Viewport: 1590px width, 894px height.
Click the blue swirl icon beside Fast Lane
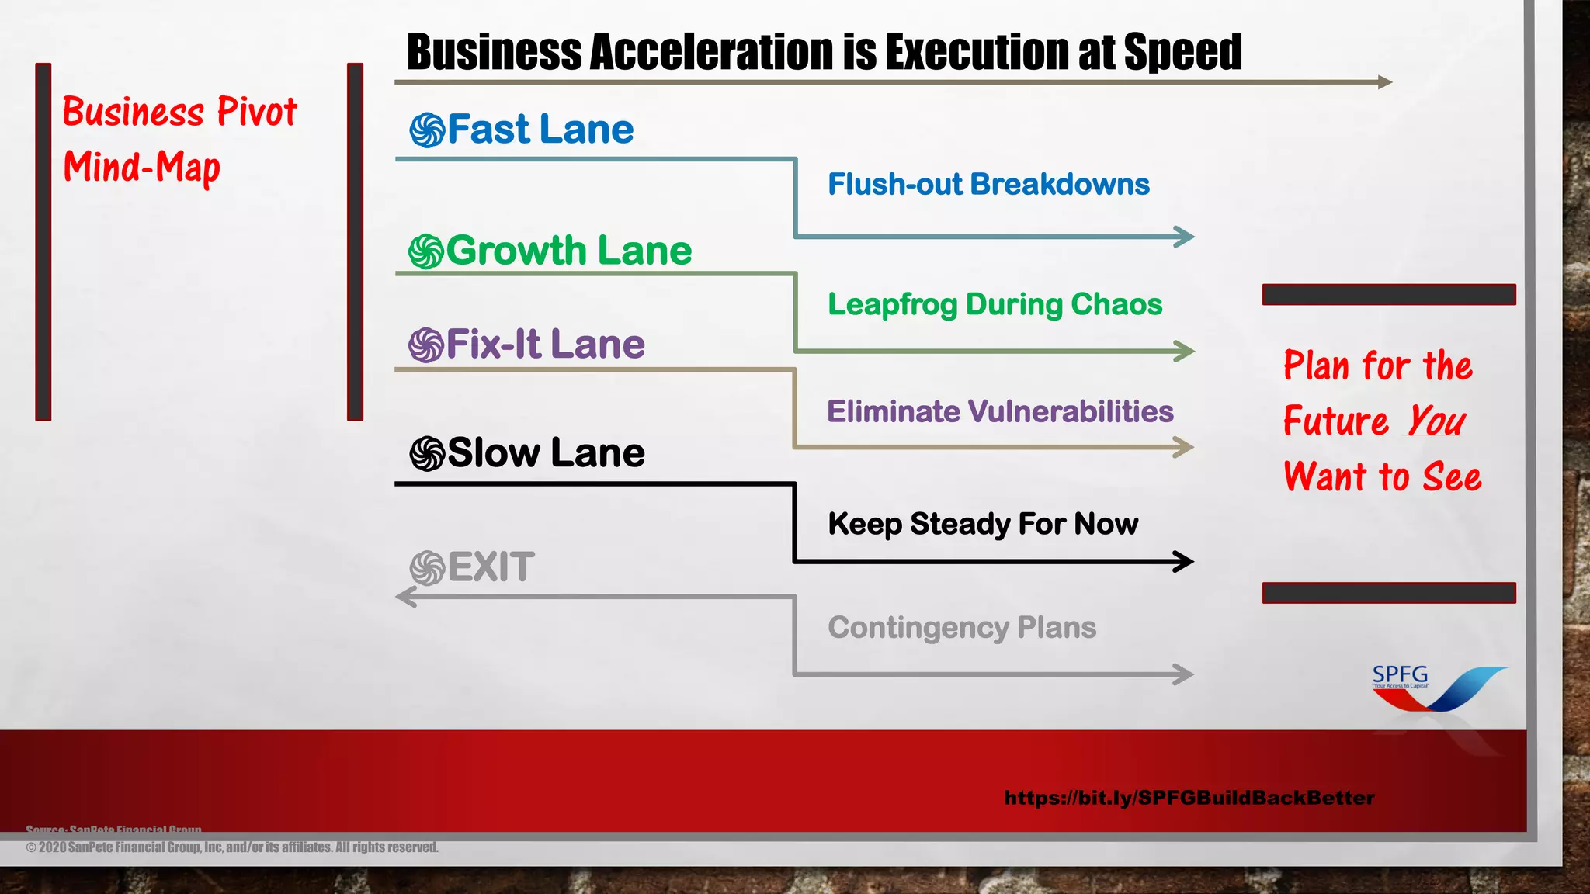point(427,130)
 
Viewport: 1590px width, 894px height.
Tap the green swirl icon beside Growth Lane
point(426,251)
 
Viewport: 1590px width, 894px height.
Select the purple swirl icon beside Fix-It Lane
point(426,345)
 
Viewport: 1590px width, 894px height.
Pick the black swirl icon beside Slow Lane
point(427,454)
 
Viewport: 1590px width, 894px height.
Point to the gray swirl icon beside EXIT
point(427,568)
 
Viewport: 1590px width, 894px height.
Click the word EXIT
point(491,567)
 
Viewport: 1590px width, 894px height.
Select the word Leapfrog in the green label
point(893,305)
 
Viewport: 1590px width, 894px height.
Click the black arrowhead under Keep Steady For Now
point(1183,561)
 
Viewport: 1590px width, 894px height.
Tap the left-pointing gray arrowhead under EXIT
point(406,597)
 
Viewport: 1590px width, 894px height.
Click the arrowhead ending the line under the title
point(1384,81)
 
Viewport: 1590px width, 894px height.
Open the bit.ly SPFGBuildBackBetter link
point(1189,798)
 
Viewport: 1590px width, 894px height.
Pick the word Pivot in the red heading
point(256,112)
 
